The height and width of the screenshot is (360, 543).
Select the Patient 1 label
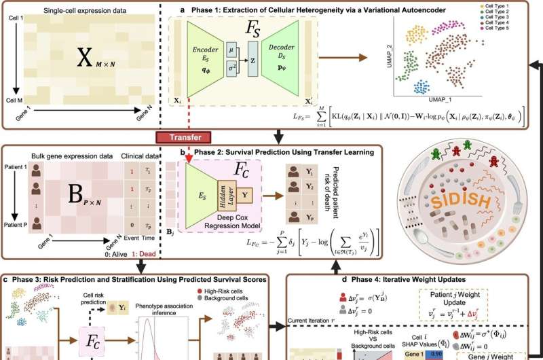click(x=18, y=167)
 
